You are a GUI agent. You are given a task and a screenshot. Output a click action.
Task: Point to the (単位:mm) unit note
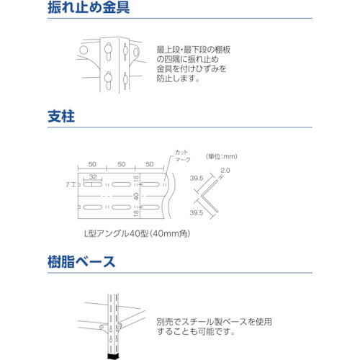(x=223, y=156)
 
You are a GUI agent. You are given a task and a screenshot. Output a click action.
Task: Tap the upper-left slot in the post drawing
(x=94, y=185)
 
